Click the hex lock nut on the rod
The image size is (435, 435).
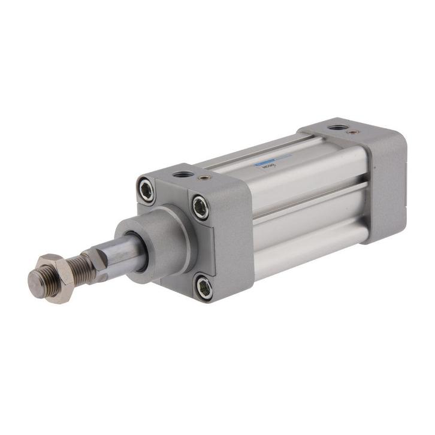[x=50, y=276]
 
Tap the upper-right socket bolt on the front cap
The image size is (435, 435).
[x=201, y=207]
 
